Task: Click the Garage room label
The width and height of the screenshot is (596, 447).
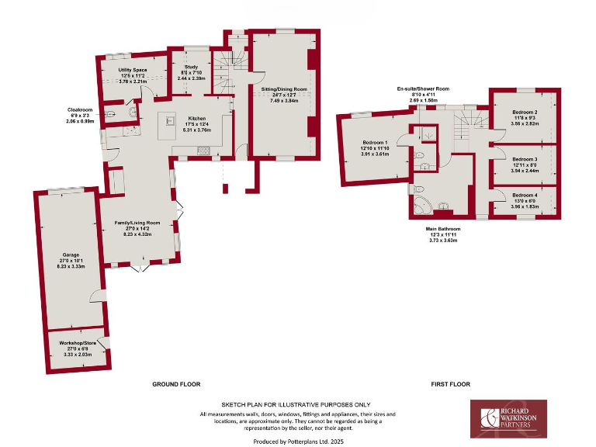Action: click(x=71, y=254)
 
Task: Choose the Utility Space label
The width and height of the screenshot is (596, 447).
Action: click(x=133, y=70)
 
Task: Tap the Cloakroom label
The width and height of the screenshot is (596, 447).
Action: click(x=80, y=110)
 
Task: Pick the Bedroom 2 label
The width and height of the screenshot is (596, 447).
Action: click(x=525, y=113)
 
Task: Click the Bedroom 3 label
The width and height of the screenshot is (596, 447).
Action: click(x=525, y=159)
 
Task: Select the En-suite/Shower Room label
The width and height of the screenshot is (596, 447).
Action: click(x=423, y=89)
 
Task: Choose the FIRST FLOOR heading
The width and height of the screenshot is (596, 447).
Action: click(x=451, y=384)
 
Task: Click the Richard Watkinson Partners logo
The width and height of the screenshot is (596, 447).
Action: click(x=509, y=419)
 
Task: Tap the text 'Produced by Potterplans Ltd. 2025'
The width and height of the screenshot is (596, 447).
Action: click(x=297, y=439)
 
